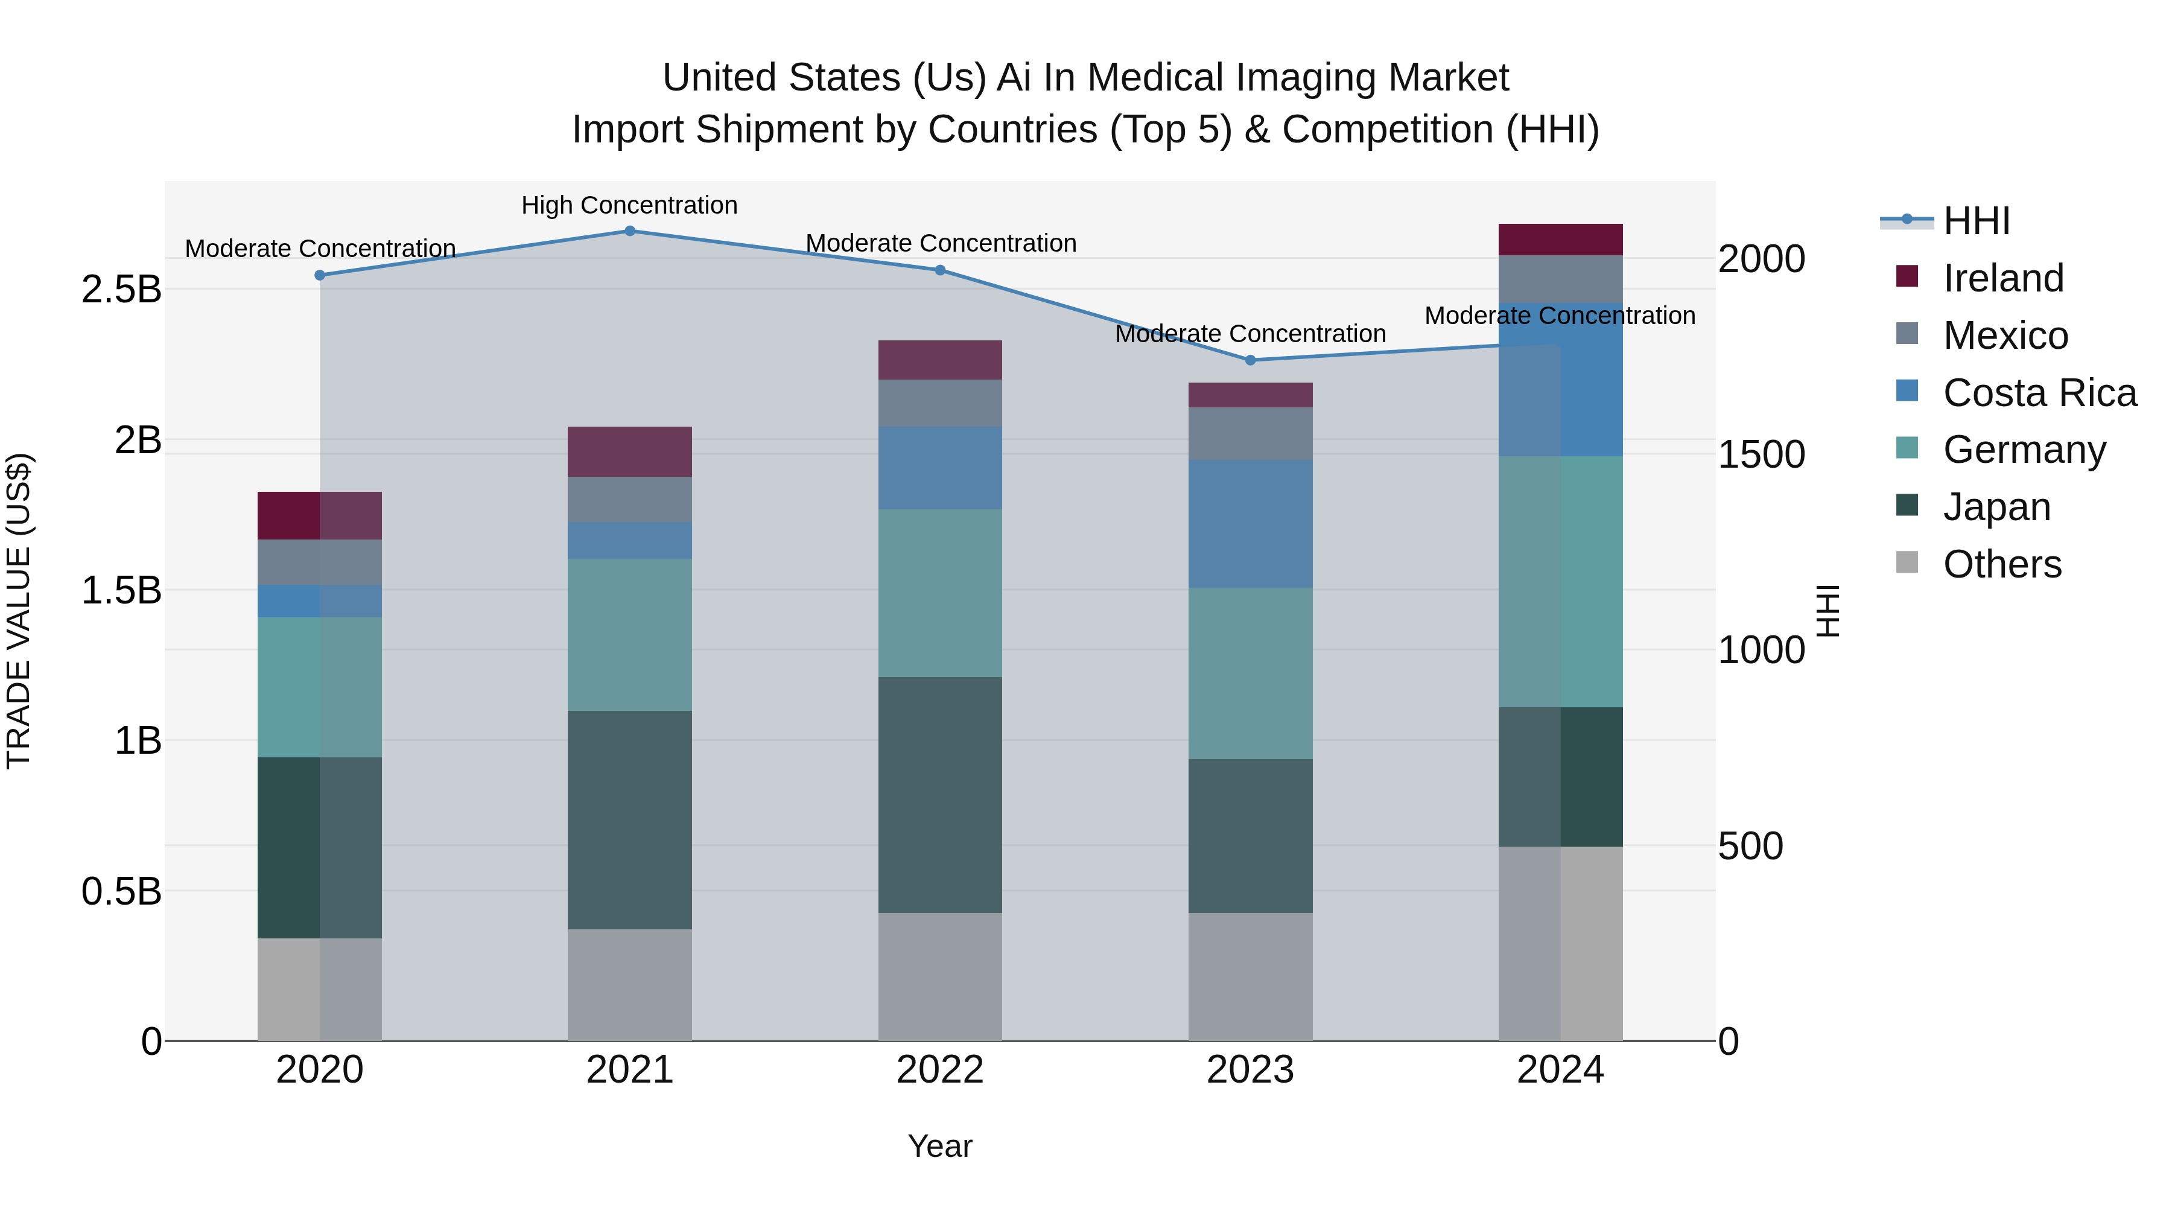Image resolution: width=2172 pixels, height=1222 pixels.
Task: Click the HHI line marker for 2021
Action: pos(630,231)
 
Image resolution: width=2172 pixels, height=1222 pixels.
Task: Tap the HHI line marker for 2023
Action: pos(1251,360)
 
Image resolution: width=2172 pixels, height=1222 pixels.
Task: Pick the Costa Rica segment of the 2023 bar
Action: pos(1251,524)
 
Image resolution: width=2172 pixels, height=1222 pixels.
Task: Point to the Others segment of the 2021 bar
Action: pos(630,984)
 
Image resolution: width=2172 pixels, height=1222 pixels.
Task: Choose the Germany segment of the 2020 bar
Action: pos(320,687)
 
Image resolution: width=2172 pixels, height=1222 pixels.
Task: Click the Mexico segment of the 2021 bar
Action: pos(630,499)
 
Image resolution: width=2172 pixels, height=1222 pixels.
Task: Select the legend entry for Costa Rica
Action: pos(2039,393)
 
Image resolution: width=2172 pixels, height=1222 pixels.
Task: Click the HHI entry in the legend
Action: pos(1975,221)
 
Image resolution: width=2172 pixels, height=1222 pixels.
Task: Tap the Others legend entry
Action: pos(2002,564)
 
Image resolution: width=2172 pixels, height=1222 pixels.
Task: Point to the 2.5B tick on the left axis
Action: pos(121,289)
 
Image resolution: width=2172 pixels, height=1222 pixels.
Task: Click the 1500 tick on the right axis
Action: pos(1761,454)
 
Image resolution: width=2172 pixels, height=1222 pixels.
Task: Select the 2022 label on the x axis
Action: pos(940,1070)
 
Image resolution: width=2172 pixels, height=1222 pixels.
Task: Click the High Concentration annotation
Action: pos(629,205)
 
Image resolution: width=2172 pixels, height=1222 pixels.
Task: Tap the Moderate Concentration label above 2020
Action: pos(320,249)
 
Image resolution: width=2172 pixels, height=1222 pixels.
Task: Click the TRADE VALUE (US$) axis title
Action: pos(19,611)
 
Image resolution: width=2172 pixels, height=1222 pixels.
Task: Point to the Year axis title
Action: pos(940,1146)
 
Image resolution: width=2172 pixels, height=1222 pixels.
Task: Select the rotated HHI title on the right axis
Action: pos(1827,611)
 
